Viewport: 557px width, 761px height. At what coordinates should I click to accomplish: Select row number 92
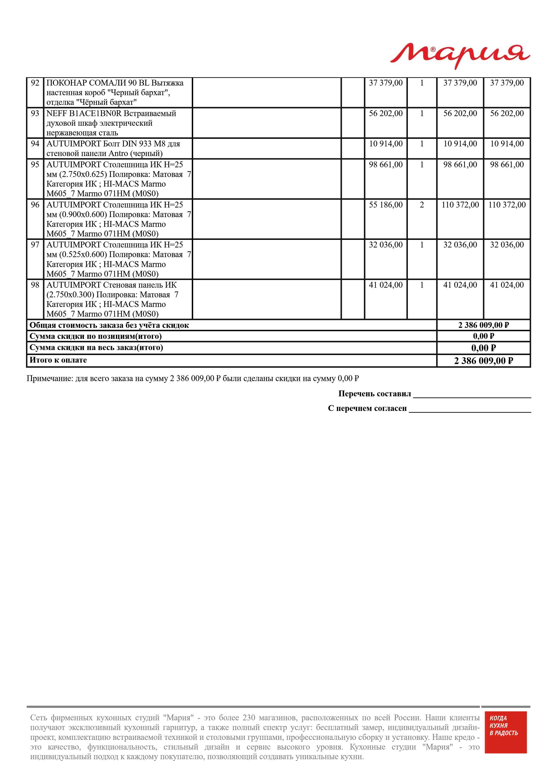point(35,83)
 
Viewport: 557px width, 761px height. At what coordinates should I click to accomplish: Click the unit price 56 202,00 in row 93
point(385,114)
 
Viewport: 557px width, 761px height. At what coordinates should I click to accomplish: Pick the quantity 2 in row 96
point(422,205)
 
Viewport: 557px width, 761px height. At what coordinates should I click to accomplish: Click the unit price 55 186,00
point(385,205)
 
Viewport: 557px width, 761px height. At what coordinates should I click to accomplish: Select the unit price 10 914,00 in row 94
point(385,144)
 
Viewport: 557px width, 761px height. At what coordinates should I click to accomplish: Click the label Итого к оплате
point(58,360)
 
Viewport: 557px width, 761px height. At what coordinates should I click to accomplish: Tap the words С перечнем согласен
point(367,408)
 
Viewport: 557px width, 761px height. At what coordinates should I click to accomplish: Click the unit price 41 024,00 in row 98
point(385,285)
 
